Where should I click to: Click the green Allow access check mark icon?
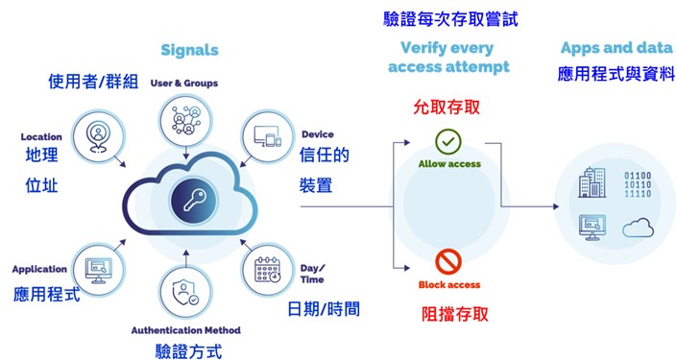[448, 142]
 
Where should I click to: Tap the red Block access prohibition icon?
[448, 261]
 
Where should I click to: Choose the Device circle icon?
[265, 135]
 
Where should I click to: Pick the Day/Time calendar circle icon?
[269, 272]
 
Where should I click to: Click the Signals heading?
[190, 50]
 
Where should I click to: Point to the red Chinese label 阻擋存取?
[448, 313]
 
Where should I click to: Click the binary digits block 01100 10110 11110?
[638, 182]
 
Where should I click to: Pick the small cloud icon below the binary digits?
[638, 227]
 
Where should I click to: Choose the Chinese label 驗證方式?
[188, 350]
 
